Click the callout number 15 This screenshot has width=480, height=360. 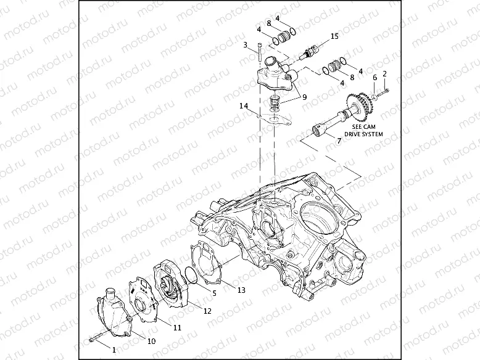pos(334,36)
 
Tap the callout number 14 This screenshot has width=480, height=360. pos(244,106)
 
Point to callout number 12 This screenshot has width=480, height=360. pos(207,311)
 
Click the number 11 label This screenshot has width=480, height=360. pos(176,327)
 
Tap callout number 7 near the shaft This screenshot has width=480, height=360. pos(338,141)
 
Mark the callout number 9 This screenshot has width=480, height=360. pos(302,97)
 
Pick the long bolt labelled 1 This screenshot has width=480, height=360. pos(97,338)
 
